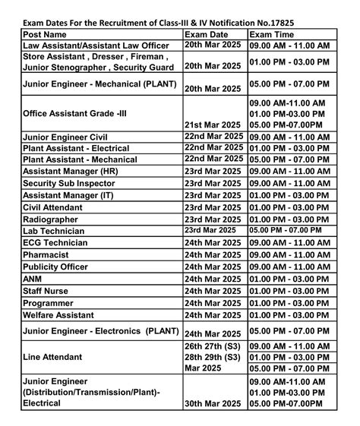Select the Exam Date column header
(x=207, y=34)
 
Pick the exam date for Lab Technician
(x=210, y=229)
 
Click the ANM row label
(x=33, y=279)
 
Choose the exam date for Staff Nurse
(x=213, y=291)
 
